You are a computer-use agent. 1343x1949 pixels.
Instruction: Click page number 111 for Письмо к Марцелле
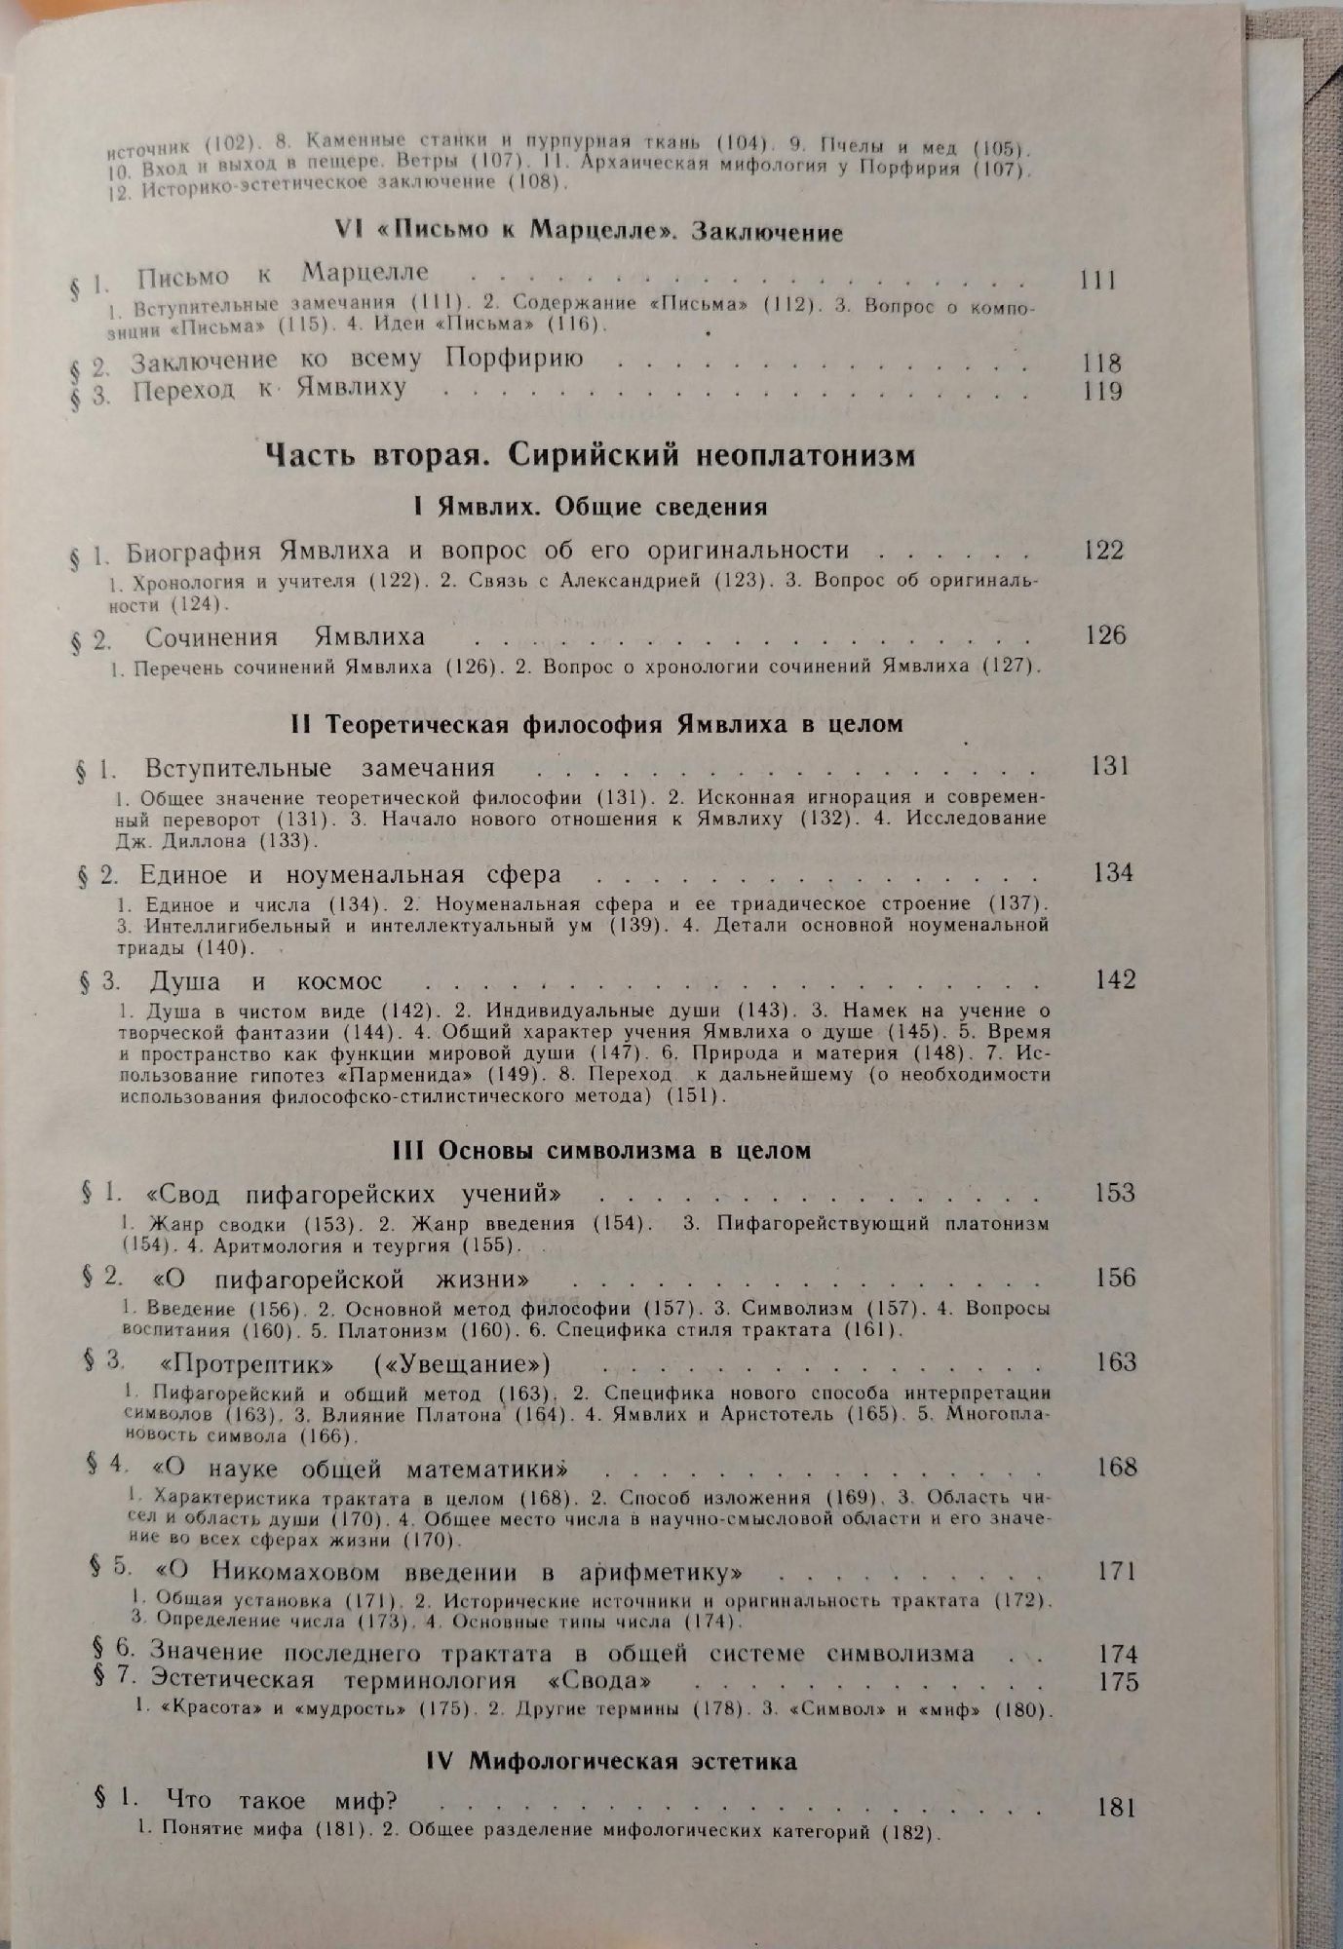1098,281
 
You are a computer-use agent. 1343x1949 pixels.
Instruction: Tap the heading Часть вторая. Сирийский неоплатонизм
590,455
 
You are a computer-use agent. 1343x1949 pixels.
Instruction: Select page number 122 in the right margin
1103,550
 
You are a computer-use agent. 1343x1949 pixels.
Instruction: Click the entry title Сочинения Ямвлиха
285,637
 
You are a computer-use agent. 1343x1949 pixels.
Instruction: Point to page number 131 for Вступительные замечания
1109,766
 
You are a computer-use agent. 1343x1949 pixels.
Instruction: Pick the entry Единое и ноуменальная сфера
350,873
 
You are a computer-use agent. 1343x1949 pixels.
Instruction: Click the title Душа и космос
266,980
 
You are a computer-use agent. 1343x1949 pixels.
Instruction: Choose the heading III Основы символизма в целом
601,1150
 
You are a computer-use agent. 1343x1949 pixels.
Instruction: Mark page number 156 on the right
1114,1278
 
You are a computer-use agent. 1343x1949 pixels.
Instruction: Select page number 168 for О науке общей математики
1116,1467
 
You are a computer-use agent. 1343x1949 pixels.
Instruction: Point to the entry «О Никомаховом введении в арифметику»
453,1572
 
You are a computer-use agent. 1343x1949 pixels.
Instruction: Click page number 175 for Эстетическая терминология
1117,1682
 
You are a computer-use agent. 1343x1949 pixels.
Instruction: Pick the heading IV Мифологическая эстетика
611,1761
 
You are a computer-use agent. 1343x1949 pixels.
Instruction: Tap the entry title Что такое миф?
282,1800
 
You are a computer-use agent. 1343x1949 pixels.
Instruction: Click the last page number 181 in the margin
1116,1808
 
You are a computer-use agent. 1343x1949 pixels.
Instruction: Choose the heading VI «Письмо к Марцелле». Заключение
588,231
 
